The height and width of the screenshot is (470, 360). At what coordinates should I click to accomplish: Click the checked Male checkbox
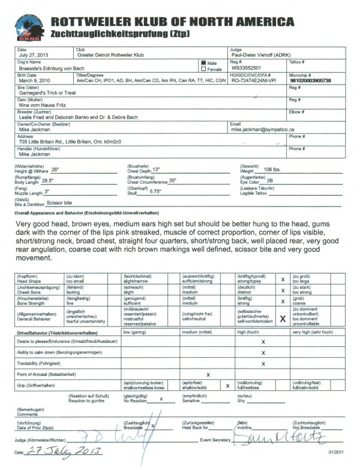click(203, 62)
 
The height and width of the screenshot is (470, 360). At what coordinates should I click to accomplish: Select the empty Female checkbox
click(203, 68)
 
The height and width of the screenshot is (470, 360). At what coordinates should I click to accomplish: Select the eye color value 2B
click(270, 181)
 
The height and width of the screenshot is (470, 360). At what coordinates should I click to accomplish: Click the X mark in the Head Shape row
click(283, 280)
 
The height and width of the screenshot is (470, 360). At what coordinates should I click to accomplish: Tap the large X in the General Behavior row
click(283, 319)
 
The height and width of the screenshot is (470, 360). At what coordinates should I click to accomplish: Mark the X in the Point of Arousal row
click(208, 374)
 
